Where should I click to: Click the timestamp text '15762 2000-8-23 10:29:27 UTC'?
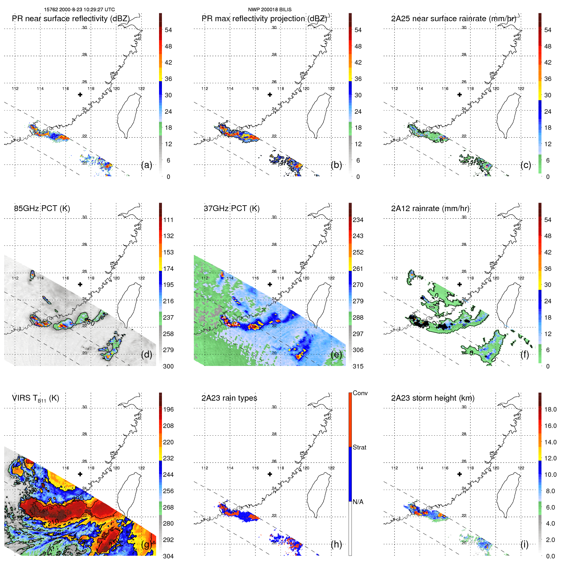(x=79, y=10)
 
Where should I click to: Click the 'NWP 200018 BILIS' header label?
(x=270, y=10)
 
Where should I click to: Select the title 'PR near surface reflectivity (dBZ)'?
(x=71, y=19)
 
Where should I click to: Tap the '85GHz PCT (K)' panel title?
(x=42, y=209)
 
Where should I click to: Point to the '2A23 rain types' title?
(x=229, y=398)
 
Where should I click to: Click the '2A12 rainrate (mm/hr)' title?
(x=430, y=209)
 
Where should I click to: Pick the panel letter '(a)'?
(x=147, y=165)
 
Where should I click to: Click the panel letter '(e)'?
(x=336, y=355)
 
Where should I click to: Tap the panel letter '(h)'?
(x=336, y=544)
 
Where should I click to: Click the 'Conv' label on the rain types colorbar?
(x=360, y=393)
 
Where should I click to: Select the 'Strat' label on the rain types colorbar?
(x=359, y=447)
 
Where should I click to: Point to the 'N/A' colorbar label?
(x=358, y=502)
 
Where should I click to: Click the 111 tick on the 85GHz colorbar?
(x=168, y=220)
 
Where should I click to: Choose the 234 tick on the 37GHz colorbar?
(x=358, y=220)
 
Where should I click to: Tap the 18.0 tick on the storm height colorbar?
(x=550, y=410)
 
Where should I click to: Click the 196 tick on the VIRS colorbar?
(x=168, y=410)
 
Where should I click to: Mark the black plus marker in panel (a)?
(x=80, y=94)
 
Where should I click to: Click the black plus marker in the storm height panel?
(x=459, y=474)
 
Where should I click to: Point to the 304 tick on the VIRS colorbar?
(x=168, y=556)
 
